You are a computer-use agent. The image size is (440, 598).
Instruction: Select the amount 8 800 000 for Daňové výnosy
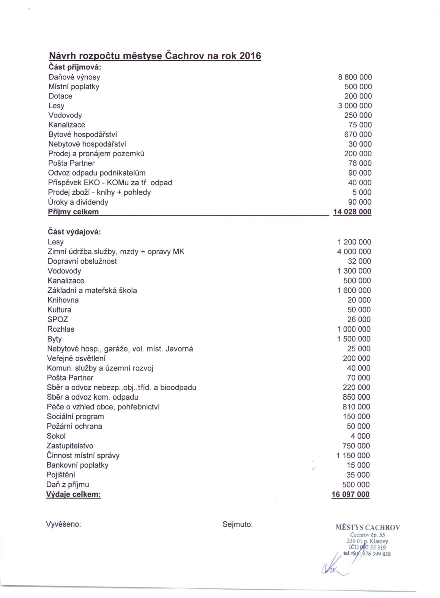coord(355,77)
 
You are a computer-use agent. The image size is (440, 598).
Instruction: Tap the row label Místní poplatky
coord(74,87)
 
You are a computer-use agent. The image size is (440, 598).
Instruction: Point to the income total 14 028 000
coord(352,212)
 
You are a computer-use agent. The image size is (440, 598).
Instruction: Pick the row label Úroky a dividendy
coord(78,202)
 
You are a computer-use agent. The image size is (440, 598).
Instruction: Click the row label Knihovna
coord(63,300)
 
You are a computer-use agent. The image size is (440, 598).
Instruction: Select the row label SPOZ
coord(58,319)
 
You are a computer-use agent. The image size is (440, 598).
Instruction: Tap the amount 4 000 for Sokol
coord(362,436)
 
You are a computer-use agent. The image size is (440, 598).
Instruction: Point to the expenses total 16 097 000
coord(350,494)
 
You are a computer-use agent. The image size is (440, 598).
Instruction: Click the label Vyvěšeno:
coord(63,524)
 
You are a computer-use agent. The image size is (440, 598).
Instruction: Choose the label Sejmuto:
coord(237,524)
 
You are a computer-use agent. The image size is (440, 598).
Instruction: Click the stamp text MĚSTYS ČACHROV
coord(367,527)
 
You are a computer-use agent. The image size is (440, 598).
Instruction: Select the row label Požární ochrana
coord(75,426)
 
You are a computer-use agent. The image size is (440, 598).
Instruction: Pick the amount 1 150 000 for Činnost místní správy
coord(353,455)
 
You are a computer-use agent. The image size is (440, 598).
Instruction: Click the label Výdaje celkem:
coord(74,494)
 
